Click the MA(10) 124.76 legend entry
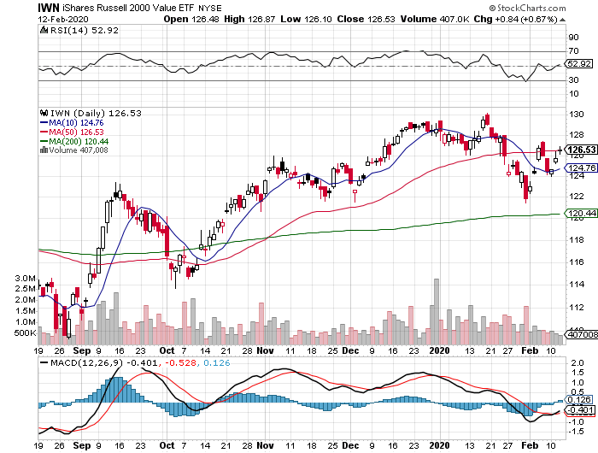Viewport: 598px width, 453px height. click(71, 122)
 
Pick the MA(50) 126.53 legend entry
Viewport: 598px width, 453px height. click(71, 132)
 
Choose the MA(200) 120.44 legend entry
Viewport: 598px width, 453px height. click(73, 141)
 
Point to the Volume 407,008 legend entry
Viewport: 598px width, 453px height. click(73, 150)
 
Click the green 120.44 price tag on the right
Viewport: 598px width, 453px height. click(583, 214)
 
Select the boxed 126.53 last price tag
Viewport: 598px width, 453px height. click(583, 150)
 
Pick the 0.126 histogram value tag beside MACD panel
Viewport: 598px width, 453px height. click(581, 399)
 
